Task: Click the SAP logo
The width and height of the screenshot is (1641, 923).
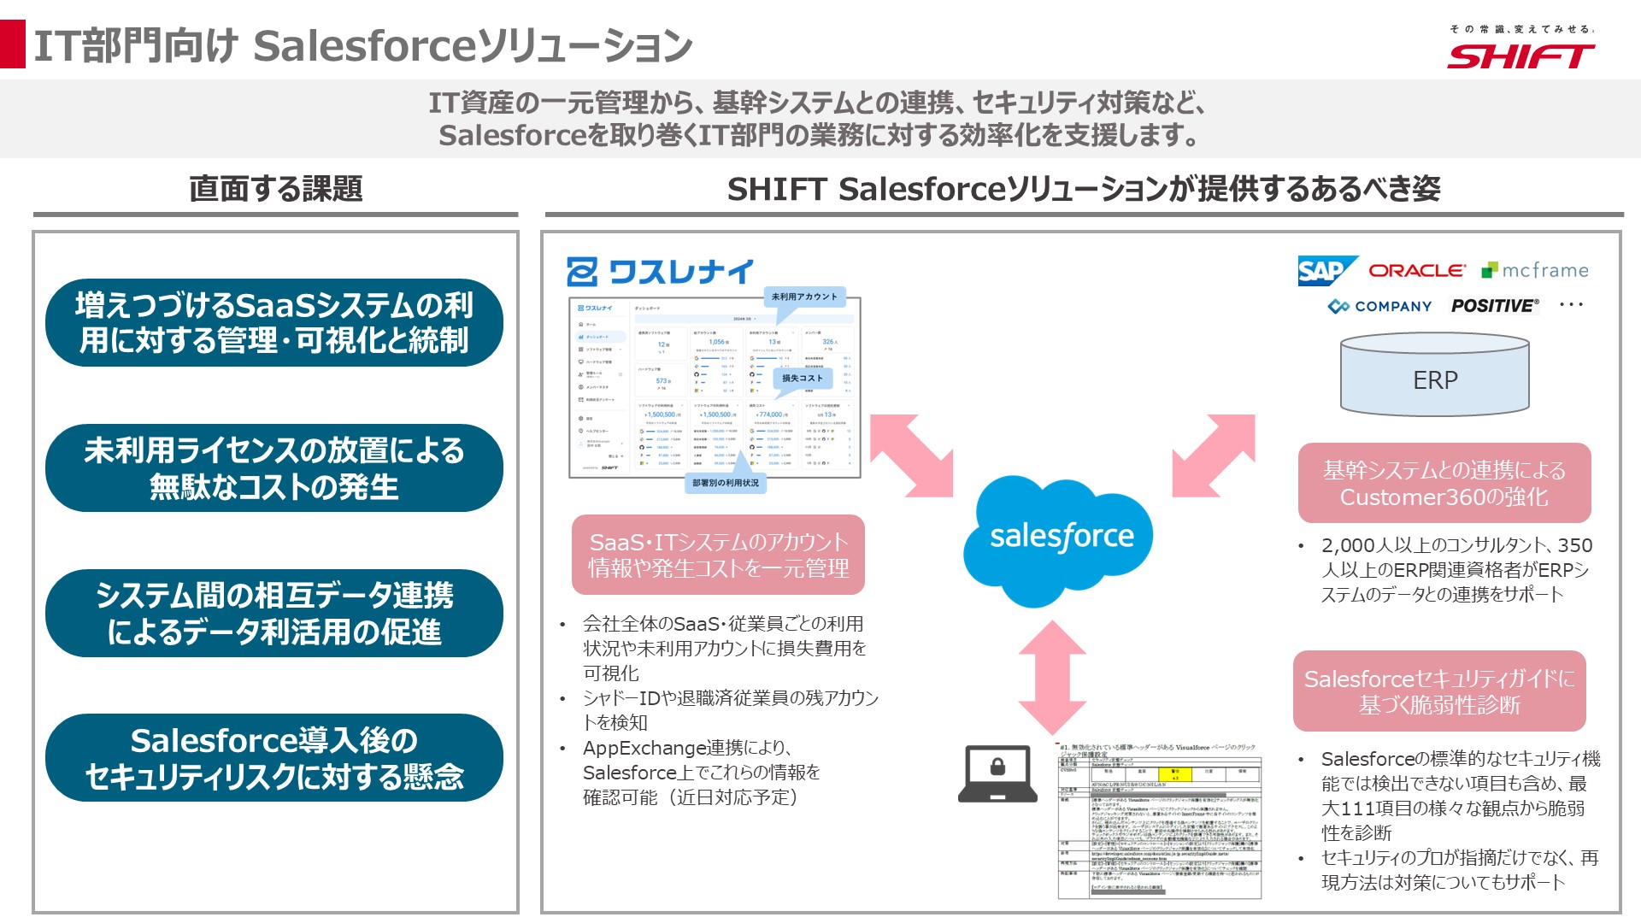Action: click(1326, 271)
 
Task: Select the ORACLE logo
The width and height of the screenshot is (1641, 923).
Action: click(1417, 270)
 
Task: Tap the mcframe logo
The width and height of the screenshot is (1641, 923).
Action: click(1535, 270)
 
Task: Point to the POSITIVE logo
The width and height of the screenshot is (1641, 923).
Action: click(1494, 306)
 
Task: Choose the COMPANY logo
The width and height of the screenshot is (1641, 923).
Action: click(1379, 306)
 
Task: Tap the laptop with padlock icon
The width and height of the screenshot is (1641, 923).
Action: click(997, 773)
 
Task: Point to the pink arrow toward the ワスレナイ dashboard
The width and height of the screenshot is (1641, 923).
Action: click(912, 456)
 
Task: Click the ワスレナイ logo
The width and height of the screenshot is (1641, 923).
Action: click(660, 272)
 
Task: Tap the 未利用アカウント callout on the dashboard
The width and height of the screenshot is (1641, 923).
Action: click(804, 297)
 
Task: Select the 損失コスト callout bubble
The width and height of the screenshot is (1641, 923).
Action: click(802, 378)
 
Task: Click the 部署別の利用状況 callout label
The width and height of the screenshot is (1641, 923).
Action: click(725, 483)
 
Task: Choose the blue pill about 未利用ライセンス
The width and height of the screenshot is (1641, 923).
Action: click(274, 468)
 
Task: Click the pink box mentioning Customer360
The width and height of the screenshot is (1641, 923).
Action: click(1444, 483)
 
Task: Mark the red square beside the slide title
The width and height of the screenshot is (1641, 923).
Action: click(13, 44)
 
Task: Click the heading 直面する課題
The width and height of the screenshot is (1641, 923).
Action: click(275, 188)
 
